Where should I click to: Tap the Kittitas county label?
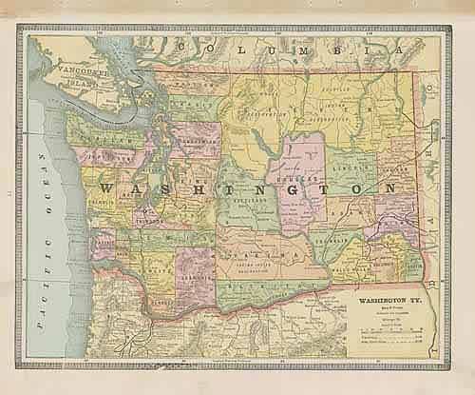247,204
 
